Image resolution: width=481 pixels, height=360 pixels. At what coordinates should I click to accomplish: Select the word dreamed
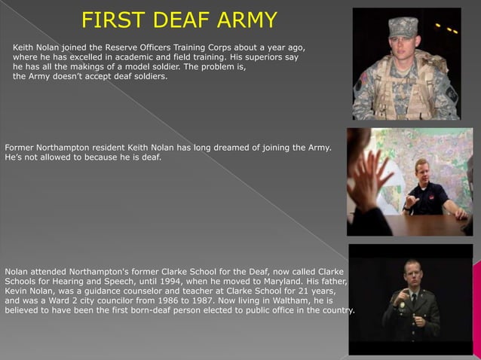click(x=224, y=147)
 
